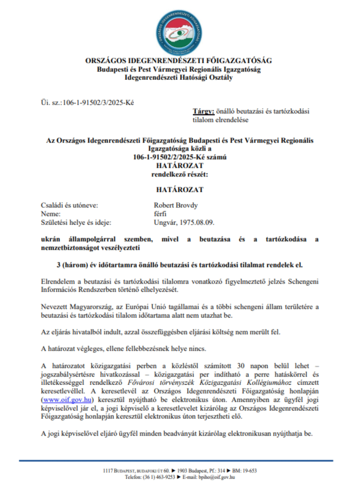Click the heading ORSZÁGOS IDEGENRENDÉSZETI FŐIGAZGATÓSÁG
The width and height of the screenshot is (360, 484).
[x=178, y=61]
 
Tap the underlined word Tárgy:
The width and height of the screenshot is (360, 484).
[x=203, y=112]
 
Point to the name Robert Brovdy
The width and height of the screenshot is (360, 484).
[x=176, y=205]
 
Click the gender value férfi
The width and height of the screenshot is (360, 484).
[x=160, y=214]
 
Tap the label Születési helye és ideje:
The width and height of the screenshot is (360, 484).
[x=76, y=222]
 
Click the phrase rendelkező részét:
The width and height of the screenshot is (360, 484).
[x=179, y=174]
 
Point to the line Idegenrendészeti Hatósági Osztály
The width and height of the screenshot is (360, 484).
[x=178, y=78]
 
